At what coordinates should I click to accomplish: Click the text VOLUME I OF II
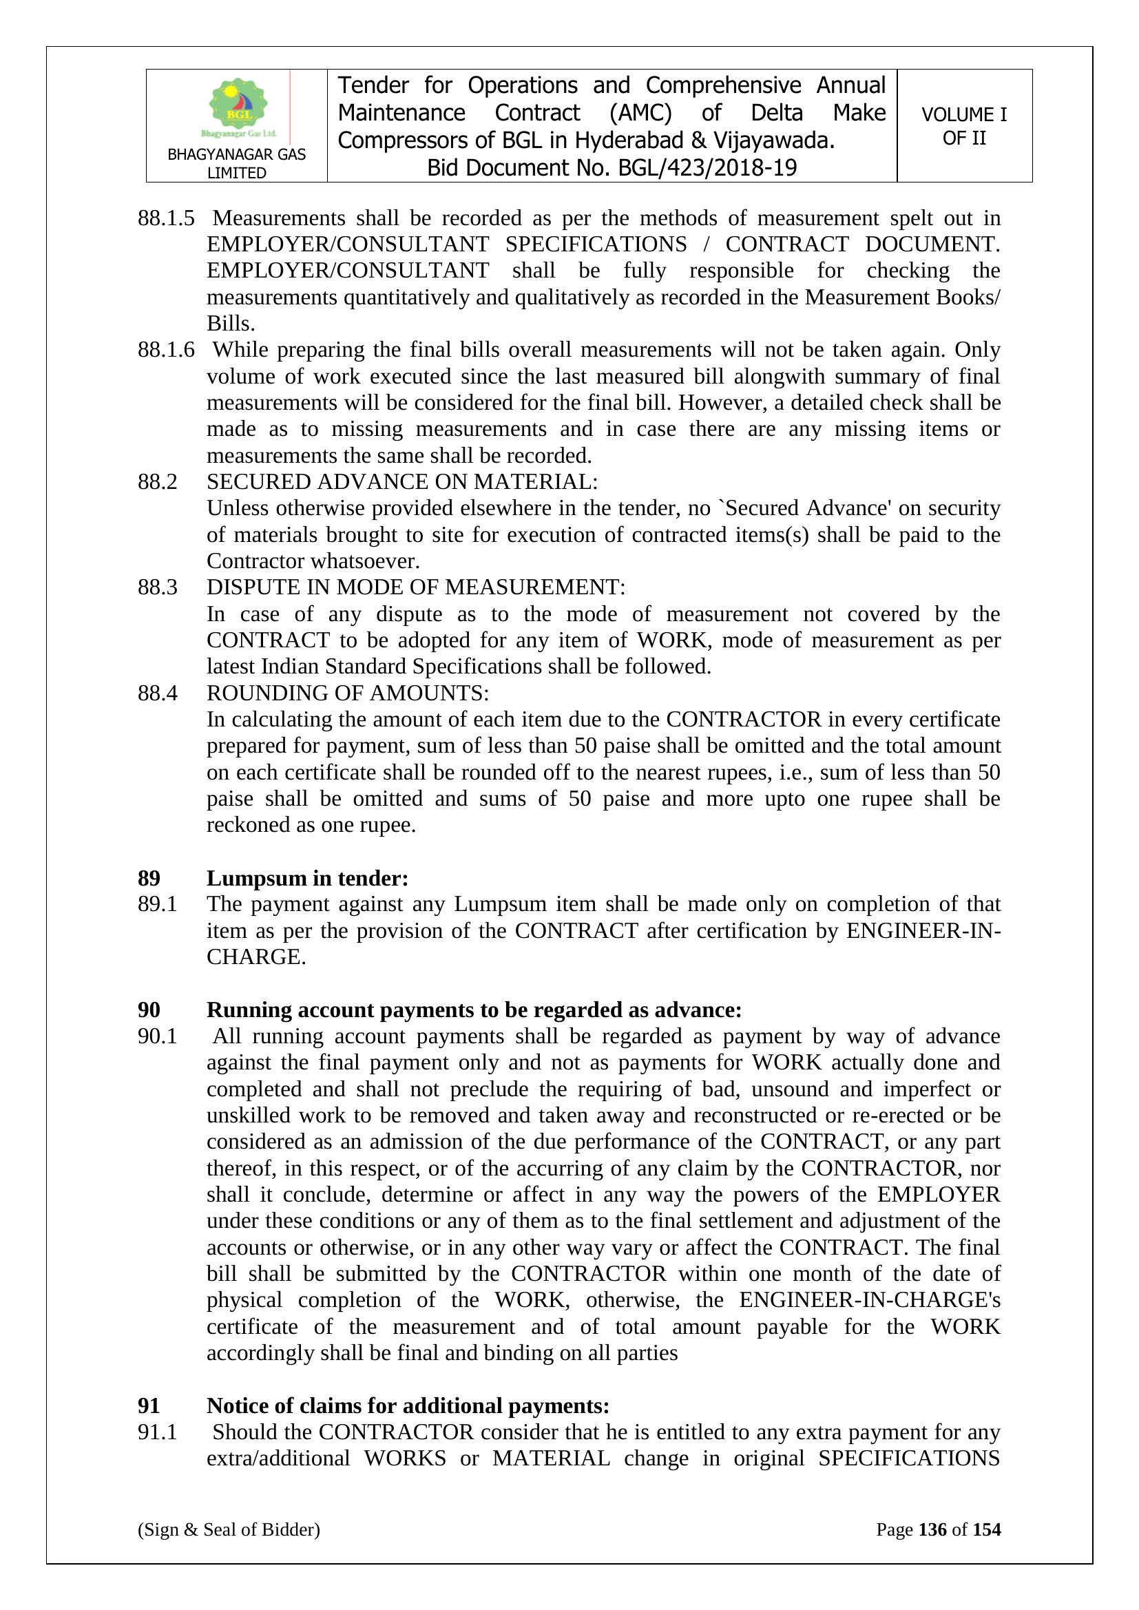coord(963,126)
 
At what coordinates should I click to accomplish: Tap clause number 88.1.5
coord(165,218)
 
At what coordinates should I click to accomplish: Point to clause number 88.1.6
coord(165,349)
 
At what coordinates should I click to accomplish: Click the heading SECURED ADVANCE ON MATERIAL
coord(402,482)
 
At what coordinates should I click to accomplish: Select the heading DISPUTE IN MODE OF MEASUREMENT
coord(415,587)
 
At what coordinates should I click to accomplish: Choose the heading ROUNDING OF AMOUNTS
coord(347,693)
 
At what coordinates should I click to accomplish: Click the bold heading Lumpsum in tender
coord(307,878)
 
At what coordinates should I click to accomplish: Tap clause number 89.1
coord(157,904)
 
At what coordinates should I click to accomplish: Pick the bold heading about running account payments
coord(473,1010)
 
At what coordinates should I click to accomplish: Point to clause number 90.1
coord(157,1036)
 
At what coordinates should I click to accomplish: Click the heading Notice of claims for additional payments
coord(408,1406)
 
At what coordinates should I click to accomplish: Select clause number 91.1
coord(157,1432)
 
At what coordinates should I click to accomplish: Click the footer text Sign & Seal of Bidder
coord(229,1529)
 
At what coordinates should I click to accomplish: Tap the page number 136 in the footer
coord(932,1529)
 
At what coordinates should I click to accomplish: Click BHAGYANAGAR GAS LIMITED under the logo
coord(236,163)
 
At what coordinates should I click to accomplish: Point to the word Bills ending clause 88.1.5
coord(230,323)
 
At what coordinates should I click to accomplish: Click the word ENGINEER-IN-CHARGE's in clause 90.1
coord(870,1299)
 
